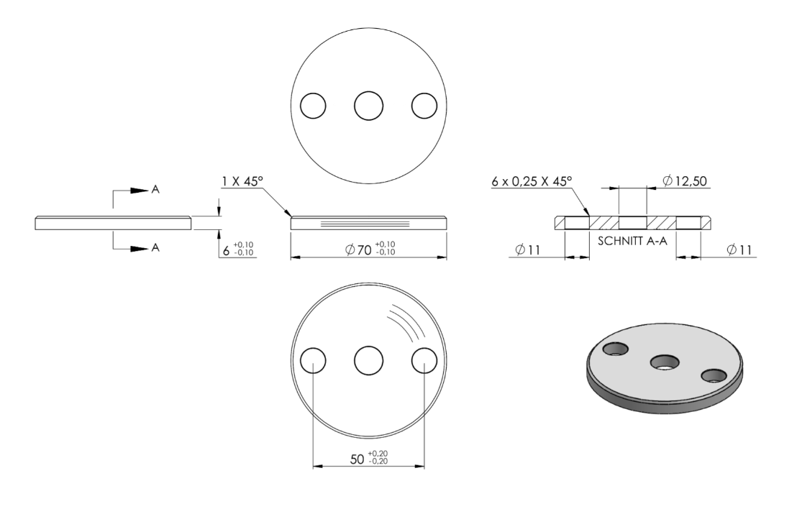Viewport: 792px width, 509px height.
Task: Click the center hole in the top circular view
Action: [x=369, y=106]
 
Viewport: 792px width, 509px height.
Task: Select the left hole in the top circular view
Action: [x=313, y=106]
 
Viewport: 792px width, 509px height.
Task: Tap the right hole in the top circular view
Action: [x=424, y=106]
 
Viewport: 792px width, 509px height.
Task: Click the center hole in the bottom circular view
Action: [x=369, y=361]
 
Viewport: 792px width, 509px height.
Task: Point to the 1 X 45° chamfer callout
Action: [x=242, y=180]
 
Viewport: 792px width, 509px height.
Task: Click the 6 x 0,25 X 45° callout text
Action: [x=532, y=180]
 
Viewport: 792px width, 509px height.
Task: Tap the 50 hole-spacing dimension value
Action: [x=357, y=459]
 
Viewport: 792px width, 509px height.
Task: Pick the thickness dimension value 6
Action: [x=227, y=250]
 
